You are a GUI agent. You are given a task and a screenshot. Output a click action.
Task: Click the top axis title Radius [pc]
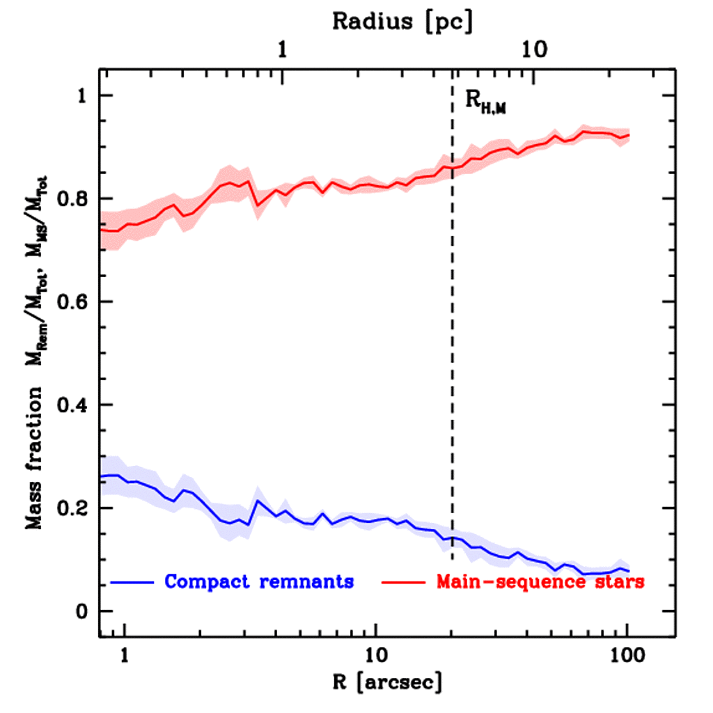coord(402,22)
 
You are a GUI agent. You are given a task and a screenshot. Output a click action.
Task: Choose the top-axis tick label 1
coord(282,50)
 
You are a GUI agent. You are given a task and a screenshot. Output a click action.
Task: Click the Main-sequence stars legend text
coord(540,582)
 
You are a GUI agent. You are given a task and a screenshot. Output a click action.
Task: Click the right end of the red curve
coord(628,135)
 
